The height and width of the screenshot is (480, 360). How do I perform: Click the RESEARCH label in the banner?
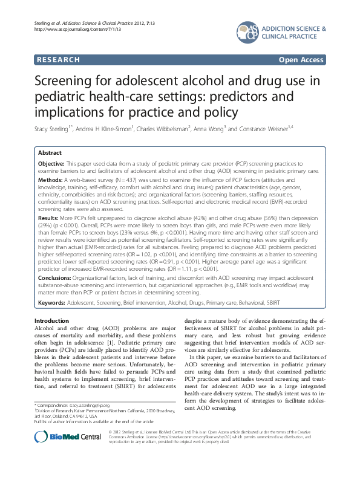pyautogui.click(x=58, y=60)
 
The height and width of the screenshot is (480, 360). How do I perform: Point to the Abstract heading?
pyautogui.click(x=50, y=153)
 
